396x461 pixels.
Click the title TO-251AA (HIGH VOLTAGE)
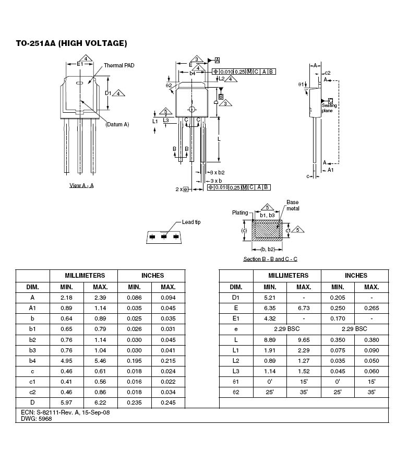tap(71, 43)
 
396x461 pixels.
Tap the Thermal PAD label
tap(119, 65)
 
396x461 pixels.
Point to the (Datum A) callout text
tap(117, 124)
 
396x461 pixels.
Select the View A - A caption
tap(81, 185)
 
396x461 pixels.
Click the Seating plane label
tap(329, 108)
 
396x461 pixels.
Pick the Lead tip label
tap(191, 222)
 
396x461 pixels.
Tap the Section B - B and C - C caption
tap(270, 259)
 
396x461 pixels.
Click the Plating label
tap(240, 212)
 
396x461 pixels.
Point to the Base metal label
tap(293, 205)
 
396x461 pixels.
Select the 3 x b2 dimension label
tap(218, 173)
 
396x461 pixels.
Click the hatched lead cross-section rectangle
tap(267, 231)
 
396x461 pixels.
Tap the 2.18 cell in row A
tap(66, 298)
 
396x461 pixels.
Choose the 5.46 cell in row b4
tap(100, 361)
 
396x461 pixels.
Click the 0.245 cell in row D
tap(168, 403)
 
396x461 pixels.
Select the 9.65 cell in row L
tap(304, 340)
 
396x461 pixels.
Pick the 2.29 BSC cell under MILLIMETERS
tap(287, 329)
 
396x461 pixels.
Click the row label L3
tap(236, 371)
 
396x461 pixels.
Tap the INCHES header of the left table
tap(152, 276)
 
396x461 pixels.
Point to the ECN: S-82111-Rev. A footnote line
tap(65, 412)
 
